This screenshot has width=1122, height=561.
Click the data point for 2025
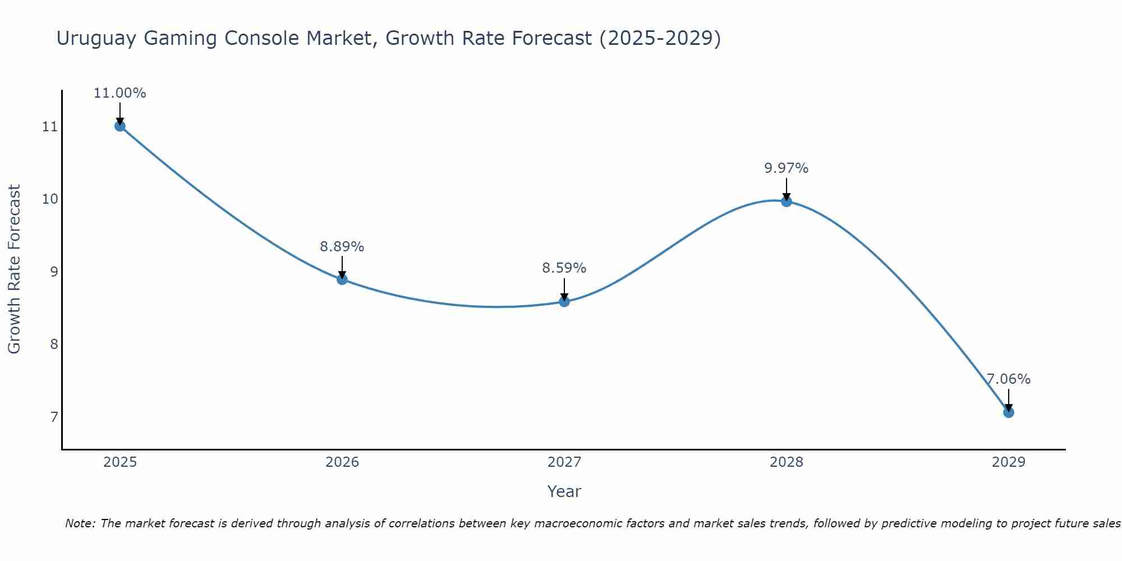pos(119,126)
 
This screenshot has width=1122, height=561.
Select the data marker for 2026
pos(342,279)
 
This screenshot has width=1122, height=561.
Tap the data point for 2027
pos(564,302)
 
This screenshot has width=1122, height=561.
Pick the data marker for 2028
pos(787,201)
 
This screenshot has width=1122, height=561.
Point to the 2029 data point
pos(1008,412)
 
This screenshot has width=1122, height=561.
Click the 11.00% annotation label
pos(119,93)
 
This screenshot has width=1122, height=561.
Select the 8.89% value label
pos(342,246)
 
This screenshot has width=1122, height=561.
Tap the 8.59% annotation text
pos(564,268)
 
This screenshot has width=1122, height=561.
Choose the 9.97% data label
pos(787,168)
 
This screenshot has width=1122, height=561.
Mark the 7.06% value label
pos(1008,379)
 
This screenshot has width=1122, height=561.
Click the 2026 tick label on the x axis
pos(342,462)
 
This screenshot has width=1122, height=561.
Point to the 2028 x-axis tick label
pos(787,462)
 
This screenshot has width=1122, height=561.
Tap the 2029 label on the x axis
pos(1008,462)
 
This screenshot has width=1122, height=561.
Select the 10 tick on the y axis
pos(50,199)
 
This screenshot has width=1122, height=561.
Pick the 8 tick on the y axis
pos(54,344)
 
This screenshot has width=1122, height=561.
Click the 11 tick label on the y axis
pos(50,127)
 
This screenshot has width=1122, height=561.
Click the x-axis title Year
pos(564,491)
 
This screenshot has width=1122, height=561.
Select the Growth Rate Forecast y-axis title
pos(14,269)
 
